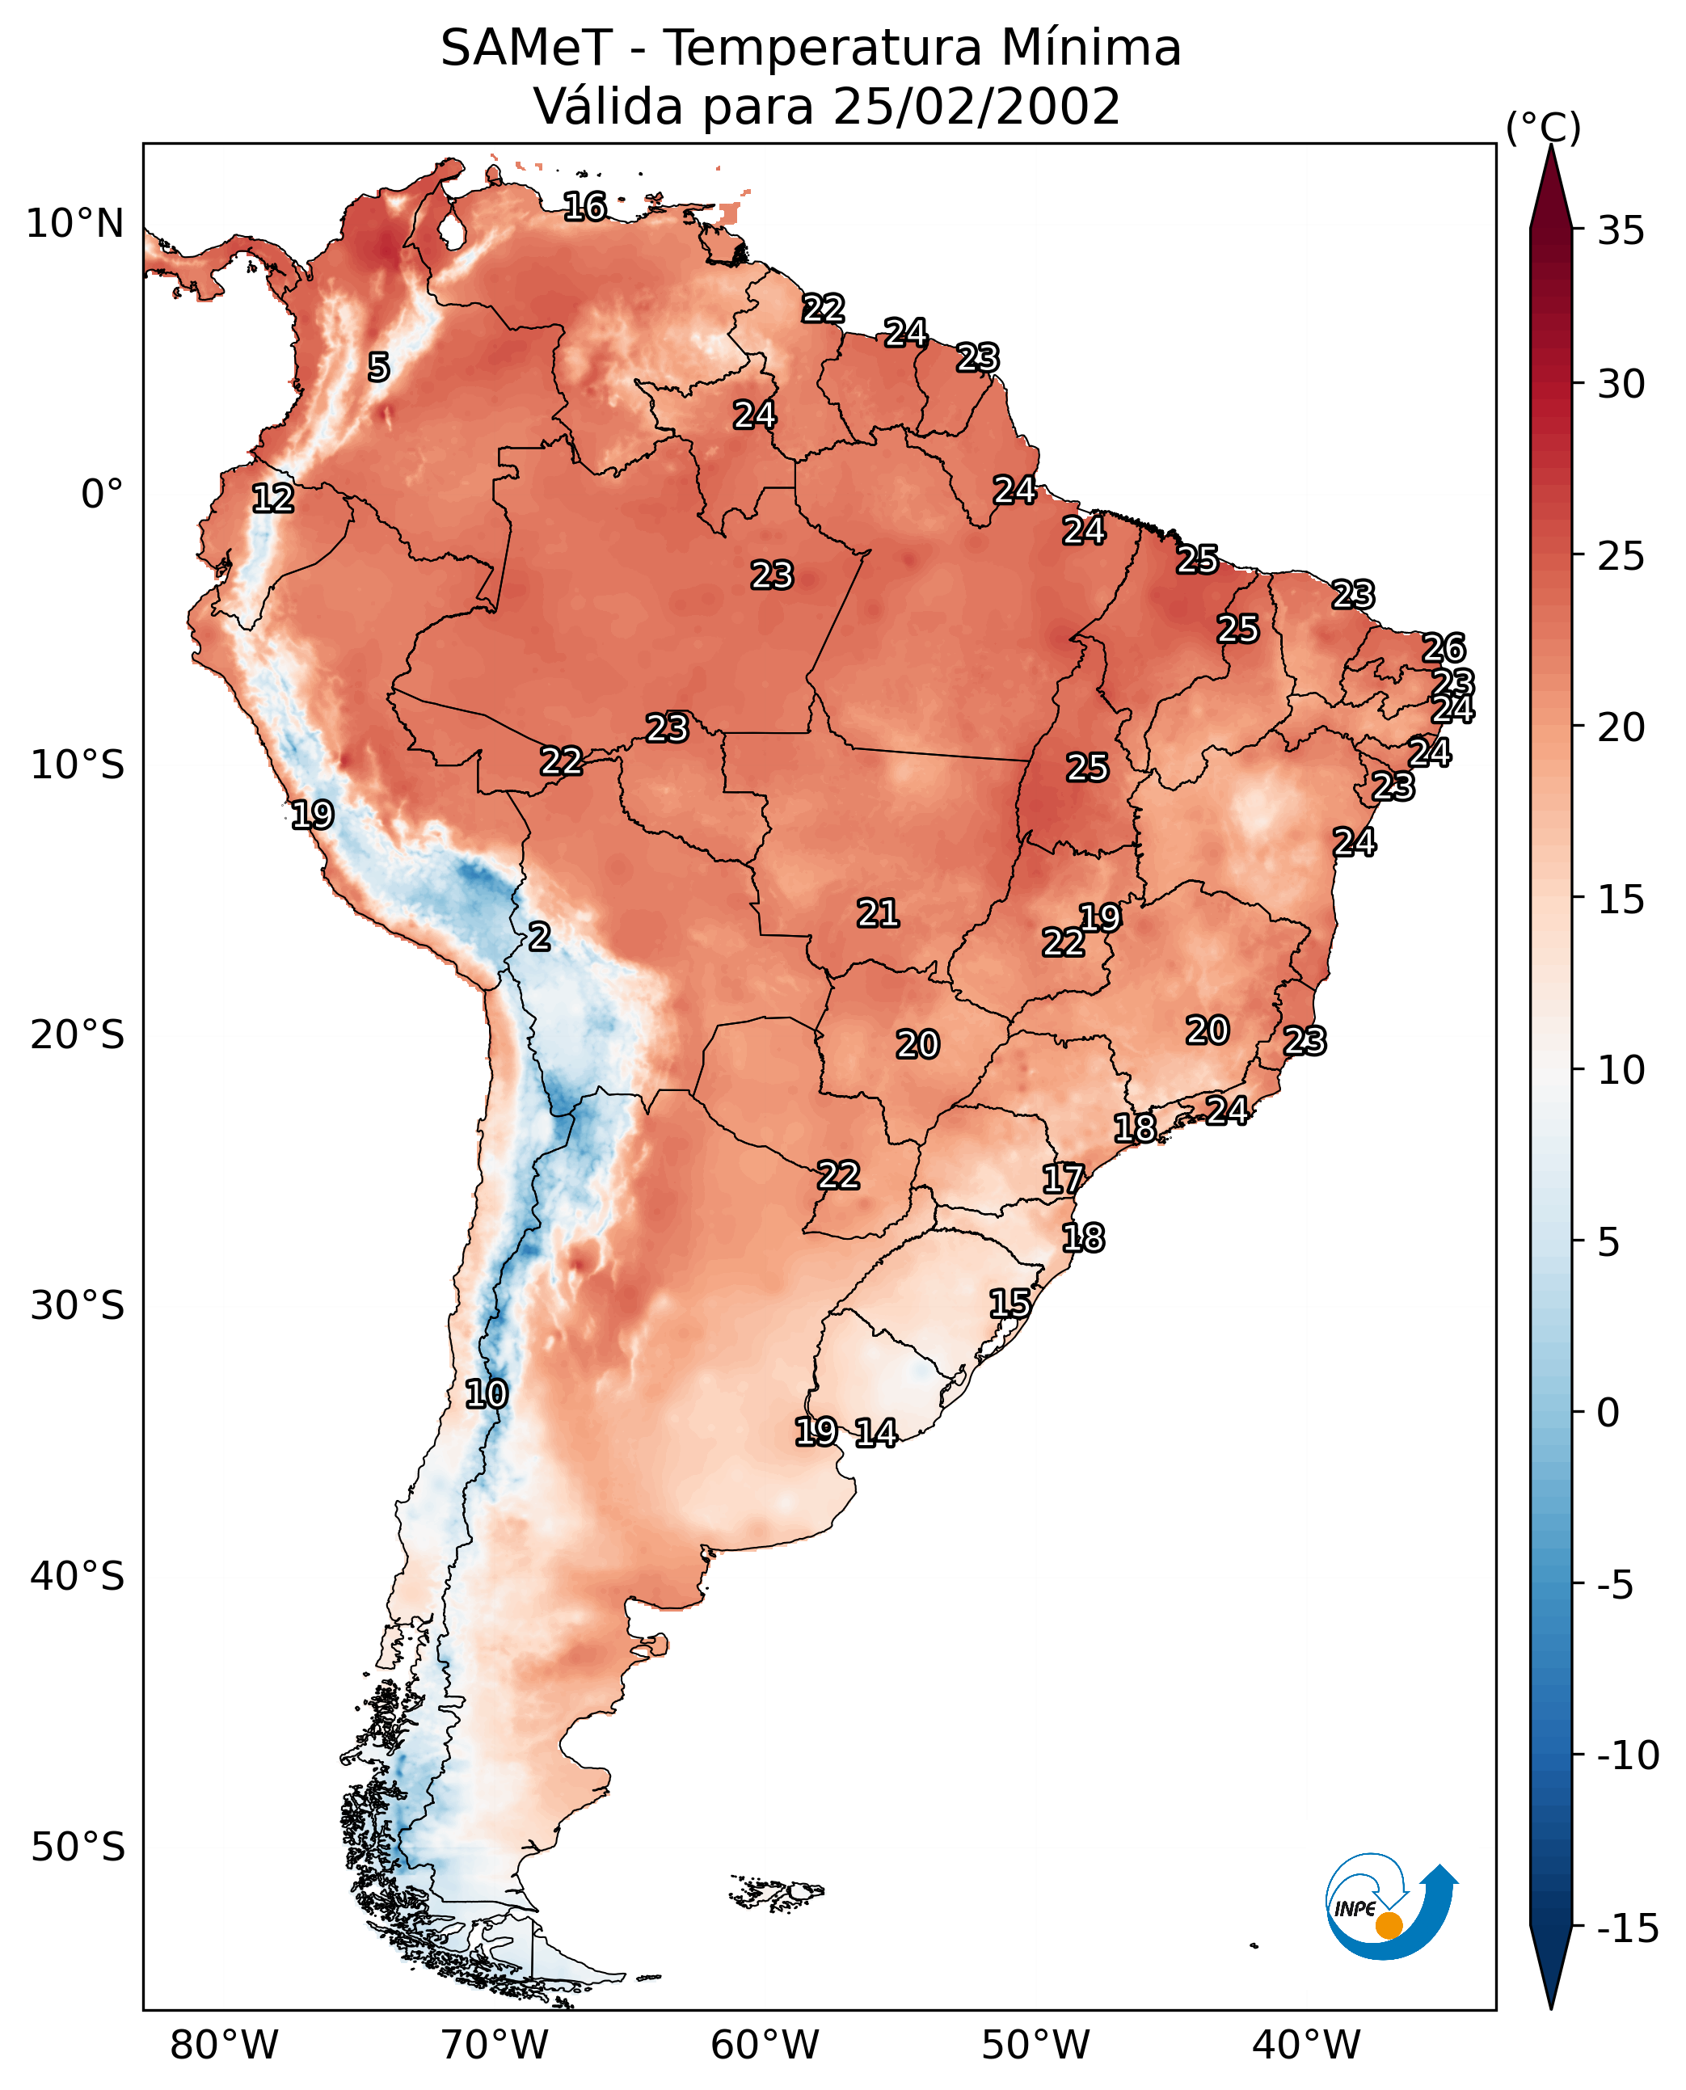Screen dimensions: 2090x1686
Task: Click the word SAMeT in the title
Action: (x=525, y=48)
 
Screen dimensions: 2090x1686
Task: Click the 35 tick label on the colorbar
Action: (x=1621, y=231)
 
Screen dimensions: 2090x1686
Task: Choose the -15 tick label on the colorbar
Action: (x=1627, y=1929)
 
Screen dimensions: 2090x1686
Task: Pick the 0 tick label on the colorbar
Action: (x=1608, y=1412)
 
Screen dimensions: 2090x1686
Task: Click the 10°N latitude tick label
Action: (x=75, y=225)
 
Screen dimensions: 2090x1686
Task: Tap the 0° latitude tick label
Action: (x=102, y=495)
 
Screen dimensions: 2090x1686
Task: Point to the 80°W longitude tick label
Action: (x=225, y=2045)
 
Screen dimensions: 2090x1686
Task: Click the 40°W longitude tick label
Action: (x=1305, y=2045)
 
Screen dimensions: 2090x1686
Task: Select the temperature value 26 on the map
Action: (x=1444, y=648)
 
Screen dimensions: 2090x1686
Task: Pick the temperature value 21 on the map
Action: (x=878, y=913)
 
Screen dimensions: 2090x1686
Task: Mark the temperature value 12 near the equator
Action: (x=273, y=498)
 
